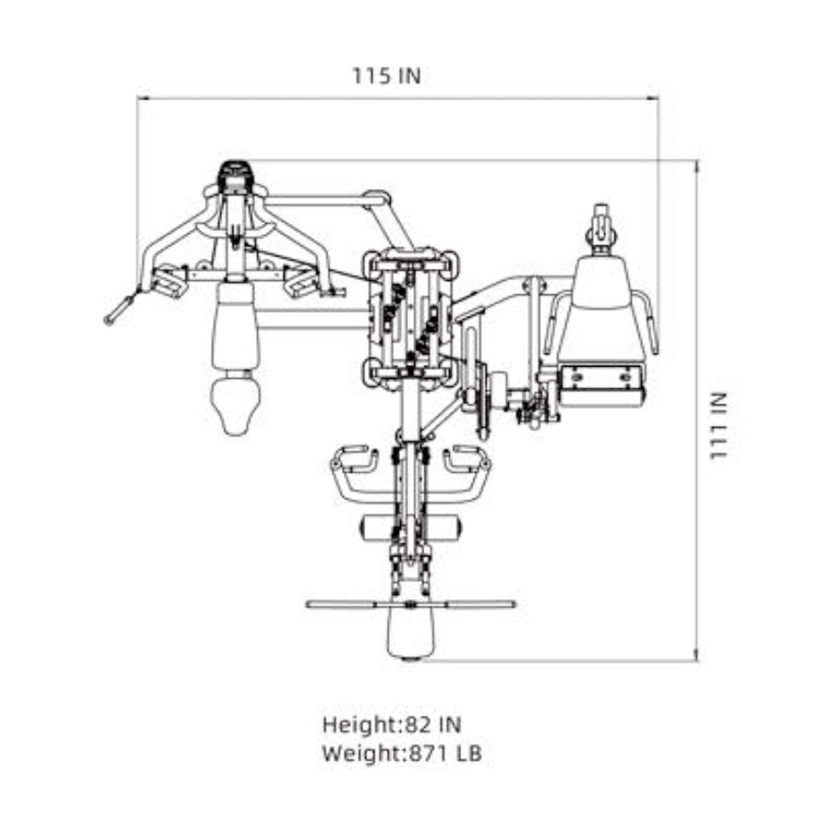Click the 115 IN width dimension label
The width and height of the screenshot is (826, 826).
click(x=386, y=76)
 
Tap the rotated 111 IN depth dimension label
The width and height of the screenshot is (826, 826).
click(x=718, y=425)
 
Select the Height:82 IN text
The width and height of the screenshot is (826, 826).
click(x=392, y=725)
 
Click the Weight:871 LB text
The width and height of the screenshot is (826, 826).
click(x=401, y=753)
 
